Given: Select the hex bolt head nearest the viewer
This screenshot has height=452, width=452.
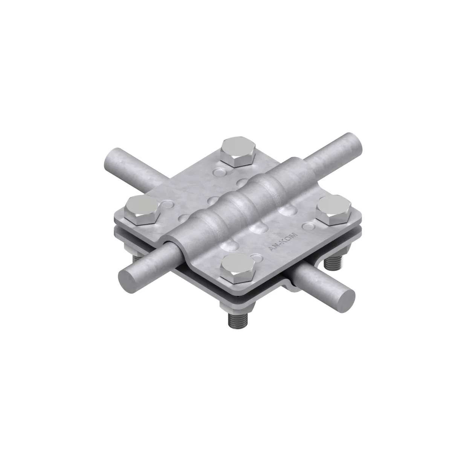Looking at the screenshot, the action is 238,268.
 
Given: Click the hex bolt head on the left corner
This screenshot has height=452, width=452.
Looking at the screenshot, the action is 142,211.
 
